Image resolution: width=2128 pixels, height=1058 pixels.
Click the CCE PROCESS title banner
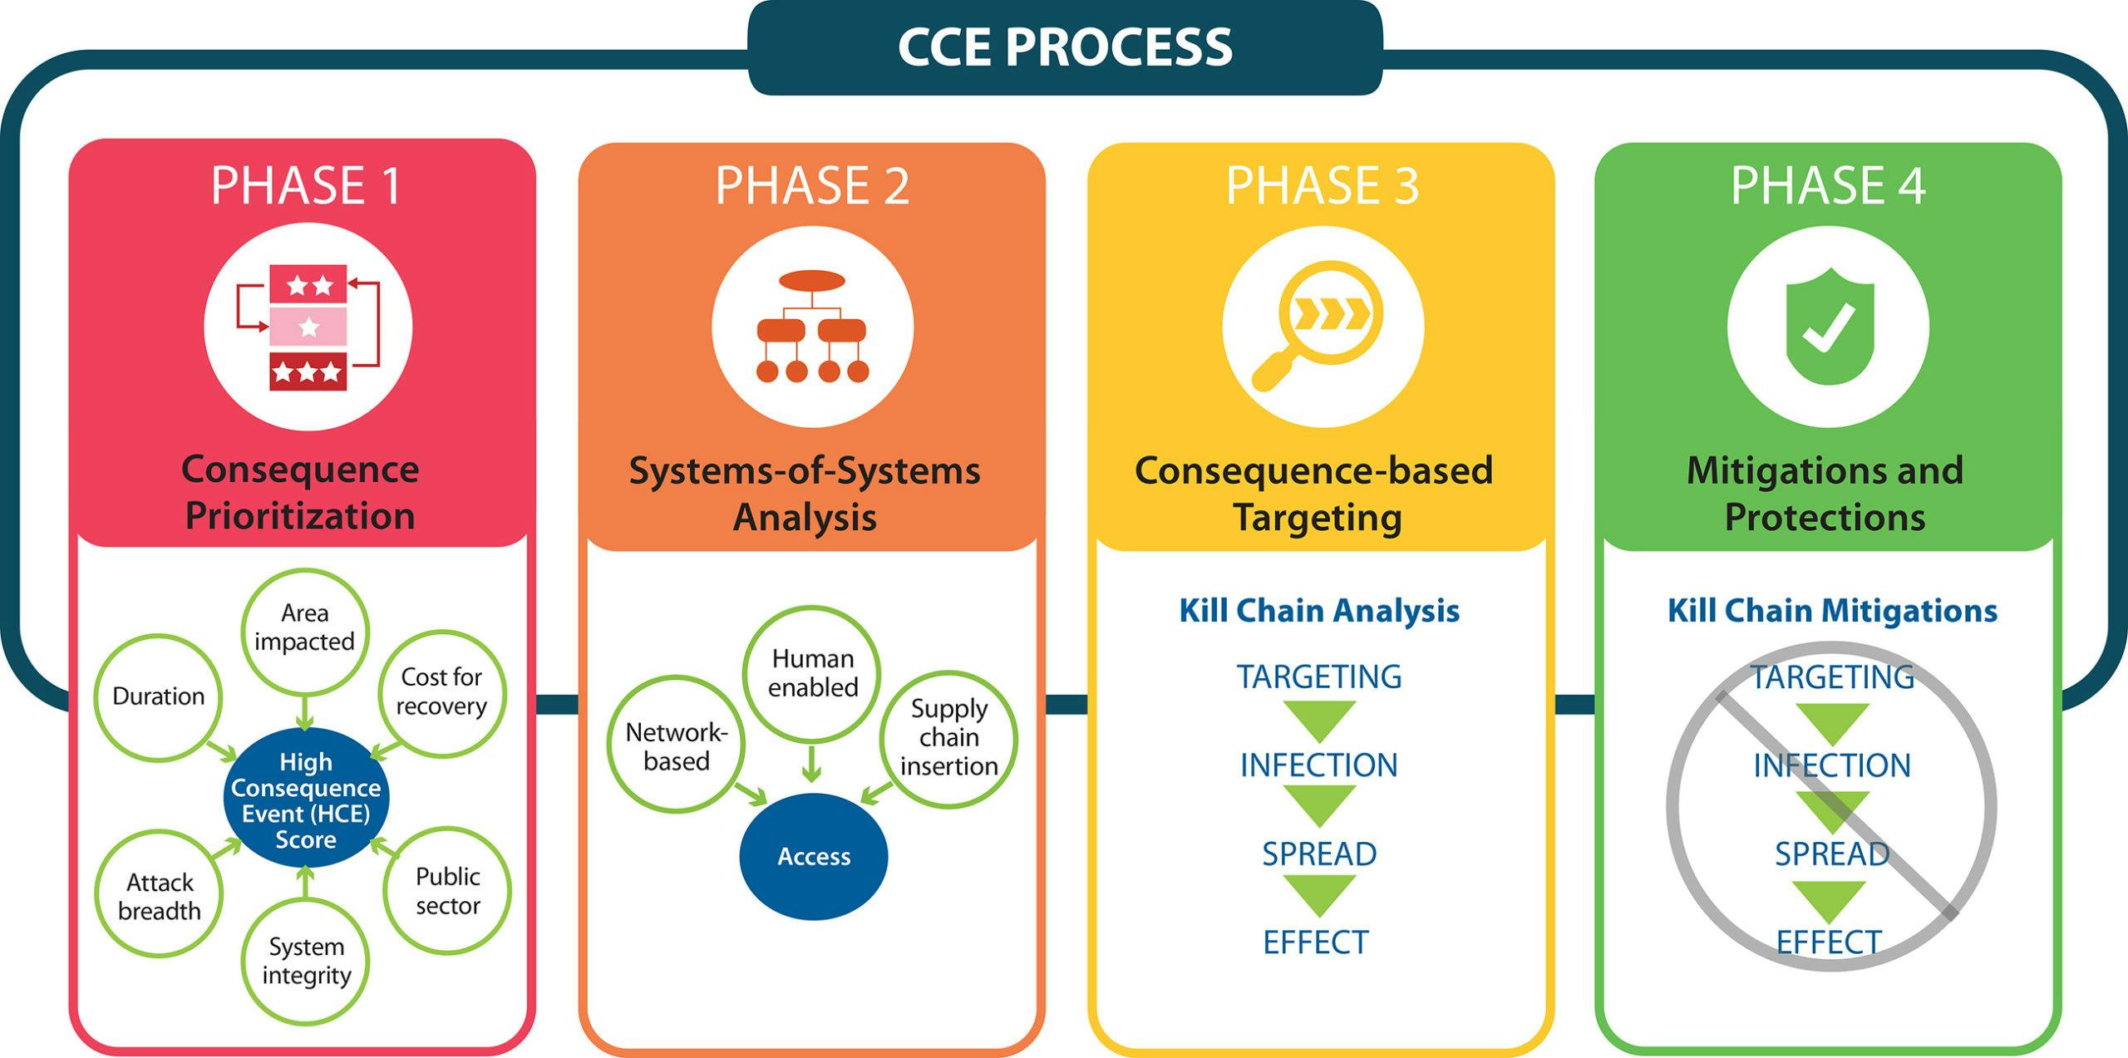pyautogui.click(x=1065, y=47)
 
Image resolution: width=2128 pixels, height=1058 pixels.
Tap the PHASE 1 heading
pyautogui.click(x=306, y=185)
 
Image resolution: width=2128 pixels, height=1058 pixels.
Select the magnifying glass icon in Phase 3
pyautogui.click(x=1323, y=327)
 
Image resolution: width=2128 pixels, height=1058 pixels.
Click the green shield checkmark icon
pyautogui.click(x=1829, y=327)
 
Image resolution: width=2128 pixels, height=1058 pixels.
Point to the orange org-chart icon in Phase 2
pyautogui.click(x=812, y=327)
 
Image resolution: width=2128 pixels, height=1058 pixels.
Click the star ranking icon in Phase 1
pyautogui.click(x=308, y=327)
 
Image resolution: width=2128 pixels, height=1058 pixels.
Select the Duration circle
pyautogui.click(x=158, y=696)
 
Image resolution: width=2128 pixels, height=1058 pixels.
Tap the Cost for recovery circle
pyautogui.click(x=441, y=692)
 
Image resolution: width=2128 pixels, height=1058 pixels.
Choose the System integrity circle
pyautogui.click(x=306, y=961)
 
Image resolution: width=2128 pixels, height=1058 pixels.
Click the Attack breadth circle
pyautogui.click(x=159, y=897)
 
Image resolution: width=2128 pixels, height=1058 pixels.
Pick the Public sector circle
pyautogui.click(x=447, y=891)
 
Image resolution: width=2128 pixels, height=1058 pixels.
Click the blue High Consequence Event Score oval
pyautogui.click(x=306, y=800)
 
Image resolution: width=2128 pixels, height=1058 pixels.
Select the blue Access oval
pyautogui.click(x=814, y=857)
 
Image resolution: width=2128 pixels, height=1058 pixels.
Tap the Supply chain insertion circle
pyautogui.click(x=948, y=737)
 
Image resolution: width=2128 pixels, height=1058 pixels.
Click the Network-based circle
pyautogui.click(x=676, y=746)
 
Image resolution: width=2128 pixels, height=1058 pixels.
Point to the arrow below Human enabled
pyautogui.click(x=811, y=765)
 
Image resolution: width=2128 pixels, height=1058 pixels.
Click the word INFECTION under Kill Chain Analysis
pyautogui.click(x=1318, y=765)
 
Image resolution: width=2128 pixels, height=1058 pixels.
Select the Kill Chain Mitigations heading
pyautogui.click(x=1832, y=611)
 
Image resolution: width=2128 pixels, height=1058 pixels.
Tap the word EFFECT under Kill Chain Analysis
pyautogui.click(x=1315, y=942)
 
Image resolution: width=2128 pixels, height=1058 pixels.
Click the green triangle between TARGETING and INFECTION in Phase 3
pyautogui.click(x=1319, y=720)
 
